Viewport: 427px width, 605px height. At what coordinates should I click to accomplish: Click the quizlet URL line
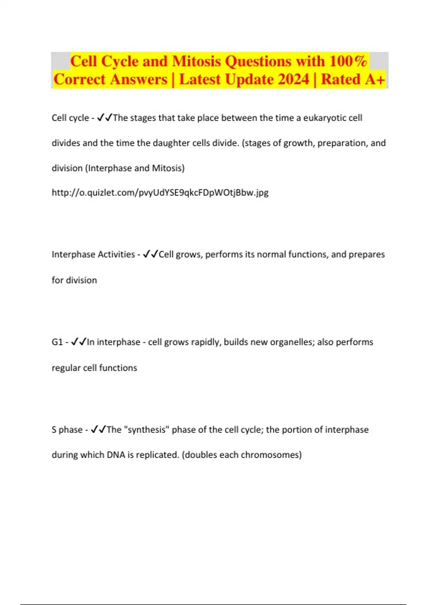coord(160,193)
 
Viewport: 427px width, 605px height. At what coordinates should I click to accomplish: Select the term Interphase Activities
coord(93,254)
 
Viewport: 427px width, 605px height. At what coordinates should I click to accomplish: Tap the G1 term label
coord(57,342)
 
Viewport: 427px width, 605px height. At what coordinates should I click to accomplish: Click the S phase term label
coord(67,430)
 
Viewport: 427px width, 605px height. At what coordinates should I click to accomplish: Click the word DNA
coord(116,455)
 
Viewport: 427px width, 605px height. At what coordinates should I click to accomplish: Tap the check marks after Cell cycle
coord(105,117)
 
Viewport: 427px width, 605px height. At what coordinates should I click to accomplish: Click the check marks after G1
coord(79,342)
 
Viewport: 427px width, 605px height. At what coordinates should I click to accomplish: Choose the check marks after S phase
coord(98,429)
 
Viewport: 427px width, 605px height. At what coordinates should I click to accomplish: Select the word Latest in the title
coord(200,79)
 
